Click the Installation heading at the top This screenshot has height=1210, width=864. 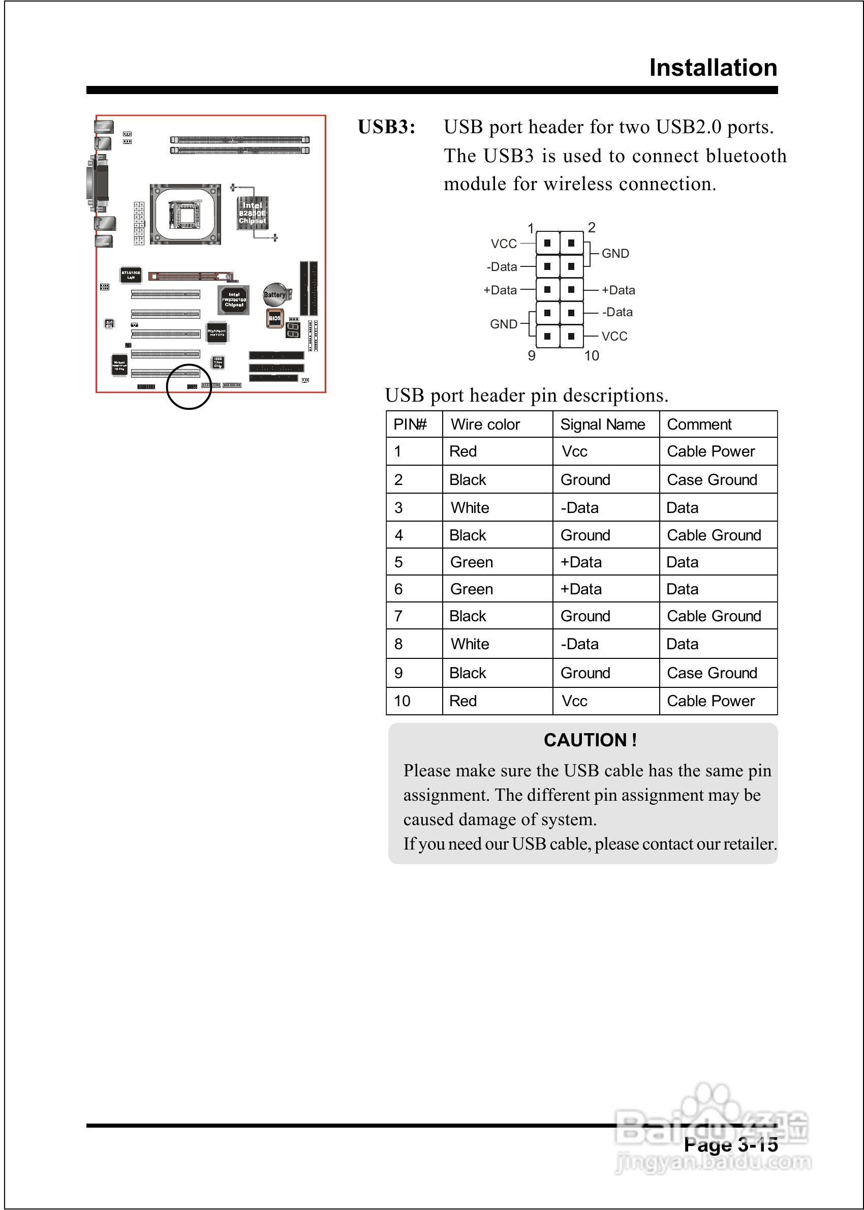click(x=713, y=68)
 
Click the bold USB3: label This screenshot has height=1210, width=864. click(x=386, y=127)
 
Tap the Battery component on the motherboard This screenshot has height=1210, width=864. click(x=275, y=294)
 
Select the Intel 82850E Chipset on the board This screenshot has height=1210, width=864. click(x=252, y=213)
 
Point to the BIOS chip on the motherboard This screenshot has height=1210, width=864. click(x=274, y=318)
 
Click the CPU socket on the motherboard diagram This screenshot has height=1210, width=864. click(x=185, y=215)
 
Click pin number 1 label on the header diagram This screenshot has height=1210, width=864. click(x=531, y=229)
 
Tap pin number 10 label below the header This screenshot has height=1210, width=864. click(x=591, y=356)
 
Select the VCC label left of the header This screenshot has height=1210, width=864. click(x=503, y=244)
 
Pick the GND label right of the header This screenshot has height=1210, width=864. click(x=615, y=254)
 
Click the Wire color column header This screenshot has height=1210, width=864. click(x=485, y=425)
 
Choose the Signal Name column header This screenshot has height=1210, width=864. click(x=602, y=425)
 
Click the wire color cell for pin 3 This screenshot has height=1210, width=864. click(x=470, y=507)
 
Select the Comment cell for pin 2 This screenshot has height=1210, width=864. click(x=712, y=480)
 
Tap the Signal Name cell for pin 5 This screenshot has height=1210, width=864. click(x=581, y=562)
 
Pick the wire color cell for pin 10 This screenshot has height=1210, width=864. click(x=463, y=701)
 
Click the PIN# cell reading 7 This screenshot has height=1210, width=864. click(x=398, y=616)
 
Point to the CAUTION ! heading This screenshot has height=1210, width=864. click(x=590, y=740)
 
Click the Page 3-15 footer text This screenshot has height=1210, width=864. click(x=730, y=1145)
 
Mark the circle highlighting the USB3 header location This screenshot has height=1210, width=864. click(x=189, y=387)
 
